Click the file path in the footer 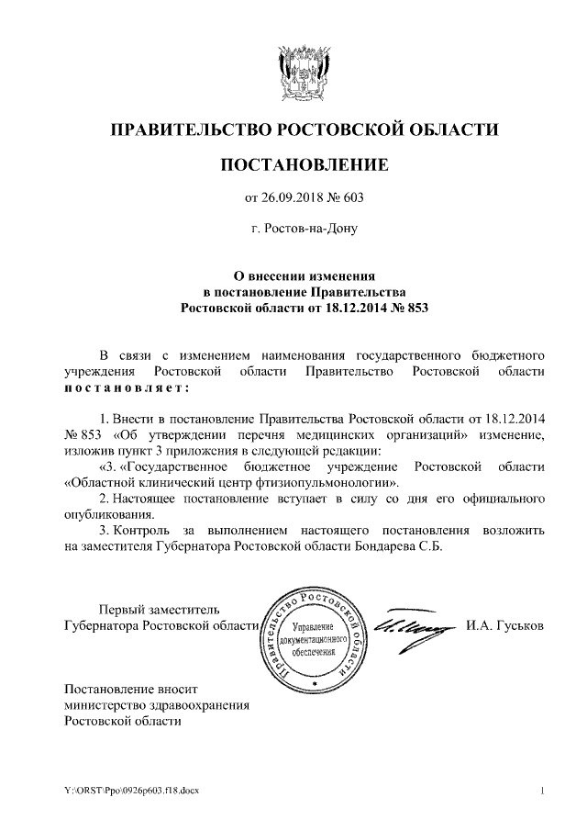click(130, 791)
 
